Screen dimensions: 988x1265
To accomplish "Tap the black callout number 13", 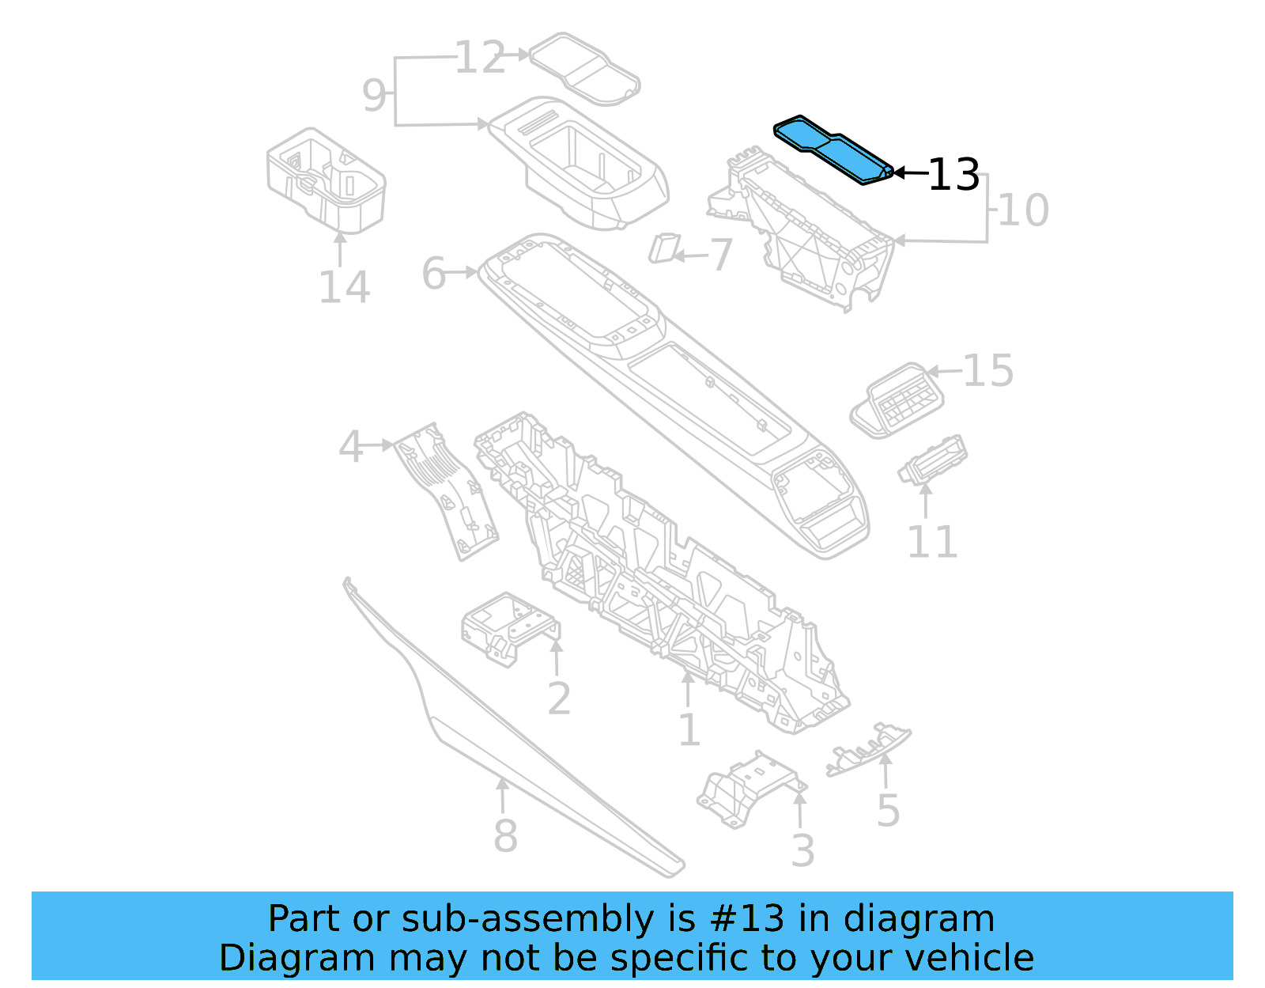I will click(953, 176).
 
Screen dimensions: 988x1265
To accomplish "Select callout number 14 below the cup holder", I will click(344, 287).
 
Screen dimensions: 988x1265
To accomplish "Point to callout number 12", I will click(480, 58).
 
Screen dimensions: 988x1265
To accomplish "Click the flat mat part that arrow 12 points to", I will click(585, 70).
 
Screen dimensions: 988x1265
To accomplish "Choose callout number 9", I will click(374, 95).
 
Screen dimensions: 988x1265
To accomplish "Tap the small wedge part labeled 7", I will click(663, 248).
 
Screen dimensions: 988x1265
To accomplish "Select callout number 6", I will click(434, 274).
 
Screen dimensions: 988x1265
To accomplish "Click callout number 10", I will click(1023, 210).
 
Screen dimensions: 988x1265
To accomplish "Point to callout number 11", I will click(932, 542).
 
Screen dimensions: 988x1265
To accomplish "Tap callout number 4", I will click(350, 448).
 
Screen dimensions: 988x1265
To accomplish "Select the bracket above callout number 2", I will click(506, 626).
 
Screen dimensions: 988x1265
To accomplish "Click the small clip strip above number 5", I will click(868, 748).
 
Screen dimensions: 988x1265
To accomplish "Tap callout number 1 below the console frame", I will click(689, 729).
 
